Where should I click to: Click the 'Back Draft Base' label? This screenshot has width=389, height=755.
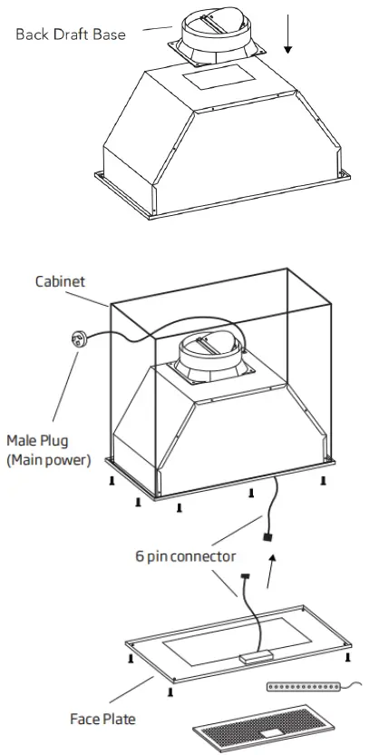70,34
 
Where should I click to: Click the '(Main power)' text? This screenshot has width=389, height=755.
48,460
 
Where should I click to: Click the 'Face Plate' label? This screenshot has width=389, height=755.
102,719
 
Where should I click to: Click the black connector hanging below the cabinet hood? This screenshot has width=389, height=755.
267,538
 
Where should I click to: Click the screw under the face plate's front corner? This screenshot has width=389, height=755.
170,692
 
